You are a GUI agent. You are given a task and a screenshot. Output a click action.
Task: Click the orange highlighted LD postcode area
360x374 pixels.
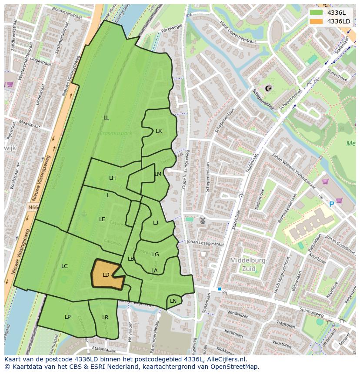(x=106, y=275)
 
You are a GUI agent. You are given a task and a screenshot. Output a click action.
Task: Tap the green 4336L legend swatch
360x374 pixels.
(x=316, y=13)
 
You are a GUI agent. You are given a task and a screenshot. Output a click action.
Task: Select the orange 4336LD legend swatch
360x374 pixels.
(x=316, y=21)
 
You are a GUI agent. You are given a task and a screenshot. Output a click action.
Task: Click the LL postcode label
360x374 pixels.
(x=107, y=118)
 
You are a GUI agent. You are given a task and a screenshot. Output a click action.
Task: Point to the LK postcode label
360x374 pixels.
(x=159, y=131)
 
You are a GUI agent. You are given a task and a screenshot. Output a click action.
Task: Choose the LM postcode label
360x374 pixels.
(x=158, y=174)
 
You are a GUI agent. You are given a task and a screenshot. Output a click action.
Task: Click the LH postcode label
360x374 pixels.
(x=113, y=178)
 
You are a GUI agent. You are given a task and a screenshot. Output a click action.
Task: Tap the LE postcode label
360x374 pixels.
(x=102, y=219)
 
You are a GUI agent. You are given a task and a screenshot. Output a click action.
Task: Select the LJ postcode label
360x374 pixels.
(x=156, y=223)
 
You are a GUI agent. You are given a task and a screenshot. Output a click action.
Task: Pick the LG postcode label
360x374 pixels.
(x=156, y=255)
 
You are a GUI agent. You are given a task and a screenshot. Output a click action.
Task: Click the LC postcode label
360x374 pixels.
(x=64, y=266)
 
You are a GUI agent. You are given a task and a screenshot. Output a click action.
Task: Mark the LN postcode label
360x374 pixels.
(x=173, y=301)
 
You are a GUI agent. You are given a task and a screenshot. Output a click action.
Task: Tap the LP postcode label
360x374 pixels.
(x=67, y=317)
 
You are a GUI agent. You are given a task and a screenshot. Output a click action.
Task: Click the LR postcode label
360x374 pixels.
(x=105, y=318)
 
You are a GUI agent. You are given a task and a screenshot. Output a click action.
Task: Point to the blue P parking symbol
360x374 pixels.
(x=332, y=204)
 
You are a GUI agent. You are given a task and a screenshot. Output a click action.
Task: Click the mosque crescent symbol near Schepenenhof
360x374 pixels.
(x=268, y=88)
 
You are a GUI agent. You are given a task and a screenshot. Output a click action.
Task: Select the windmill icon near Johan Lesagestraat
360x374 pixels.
(x=202, y=221)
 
